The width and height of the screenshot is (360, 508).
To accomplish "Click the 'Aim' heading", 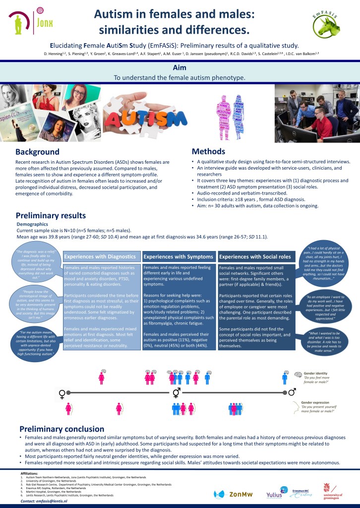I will (180, 67).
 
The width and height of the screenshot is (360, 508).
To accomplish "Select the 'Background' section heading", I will (37, 137).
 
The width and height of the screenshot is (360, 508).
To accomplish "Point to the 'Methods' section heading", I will (208, 137).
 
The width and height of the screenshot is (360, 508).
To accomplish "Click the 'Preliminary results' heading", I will (51, 215).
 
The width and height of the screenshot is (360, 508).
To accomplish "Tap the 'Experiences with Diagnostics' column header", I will (100, 256).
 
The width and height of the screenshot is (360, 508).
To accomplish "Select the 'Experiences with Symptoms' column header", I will (178, 256).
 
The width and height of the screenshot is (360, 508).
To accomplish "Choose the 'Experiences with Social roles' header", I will (255, 256).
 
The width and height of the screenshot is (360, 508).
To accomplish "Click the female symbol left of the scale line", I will (62, 394).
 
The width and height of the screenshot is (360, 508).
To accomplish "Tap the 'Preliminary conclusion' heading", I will (61, 429).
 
